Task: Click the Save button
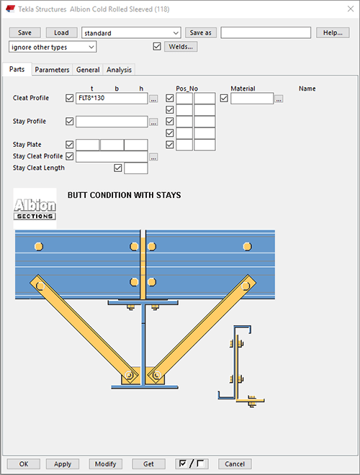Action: point(25,32)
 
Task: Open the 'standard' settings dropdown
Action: point(131,32)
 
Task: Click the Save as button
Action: point(201,32)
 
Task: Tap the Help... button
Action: point(333,32)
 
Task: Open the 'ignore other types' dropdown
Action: point(53,47)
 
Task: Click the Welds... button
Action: point(181,47)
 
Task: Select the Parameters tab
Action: point(52,70)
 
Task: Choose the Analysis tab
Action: point(119,70)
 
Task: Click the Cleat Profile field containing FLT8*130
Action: point(112,98)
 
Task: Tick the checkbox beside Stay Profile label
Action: point(69,121)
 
